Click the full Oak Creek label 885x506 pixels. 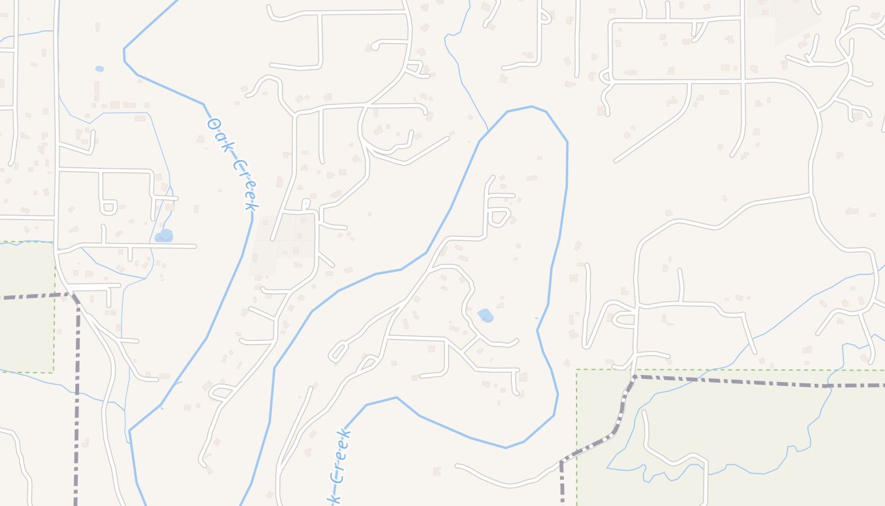pyautogui.click(x=233, y=163)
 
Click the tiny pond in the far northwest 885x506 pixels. pyautogui.click(x=99, y=68)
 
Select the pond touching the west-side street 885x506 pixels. pyautogui.click(x=164, y=236)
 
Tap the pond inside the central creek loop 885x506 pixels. pyautogui.click(x=485, y=315)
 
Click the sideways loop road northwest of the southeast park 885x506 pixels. pyautogui.click(x=622, y=319)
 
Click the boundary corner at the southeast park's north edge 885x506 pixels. pyautogui.click(x=634, y=377)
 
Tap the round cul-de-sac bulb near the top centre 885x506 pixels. pyautogui.click(x=375, y=46)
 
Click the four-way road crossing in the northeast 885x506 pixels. pyautogui.click(x=743, y=81)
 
